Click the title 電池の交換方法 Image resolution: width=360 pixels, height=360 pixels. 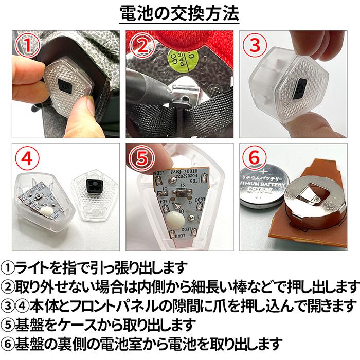point(179,14)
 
